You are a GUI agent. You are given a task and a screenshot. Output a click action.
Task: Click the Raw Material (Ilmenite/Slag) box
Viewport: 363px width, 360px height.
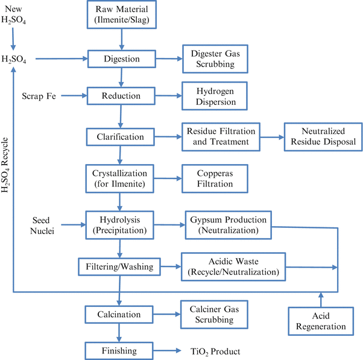click(122, 16)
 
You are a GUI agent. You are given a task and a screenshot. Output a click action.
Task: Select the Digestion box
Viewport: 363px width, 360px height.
click(122, 59)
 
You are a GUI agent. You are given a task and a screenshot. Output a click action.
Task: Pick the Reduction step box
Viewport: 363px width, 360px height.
click(122, 95)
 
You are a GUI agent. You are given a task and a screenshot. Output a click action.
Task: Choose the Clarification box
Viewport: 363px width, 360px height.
click(122, 137)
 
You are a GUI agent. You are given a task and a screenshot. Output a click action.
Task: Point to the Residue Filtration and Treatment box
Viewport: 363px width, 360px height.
click(221, 137)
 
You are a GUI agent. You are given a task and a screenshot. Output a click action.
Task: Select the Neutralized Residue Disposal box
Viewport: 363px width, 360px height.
click(320, 137)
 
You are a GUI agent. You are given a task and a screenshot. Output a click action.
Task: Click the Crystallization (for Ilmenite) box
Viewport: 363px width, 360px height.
click(122, 178)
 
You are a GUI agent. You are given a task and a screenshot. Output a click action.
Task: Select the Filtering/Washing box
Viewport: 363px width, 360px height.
click(119, 266)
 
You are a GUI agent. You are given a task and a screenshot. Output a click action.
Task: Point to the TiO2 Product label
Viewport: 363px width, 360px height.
click(204, 351)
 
